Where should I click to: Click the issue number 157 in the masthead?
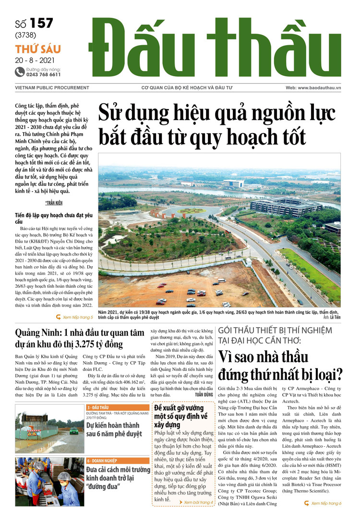(41, 23)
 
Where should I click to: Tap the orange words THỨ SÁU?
(37, 49)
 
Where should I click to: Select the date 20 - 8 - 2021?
(35, 61)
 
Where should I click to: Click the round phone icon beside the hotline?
(20, 72)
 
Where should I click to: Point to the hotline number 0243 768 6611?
(43, 75)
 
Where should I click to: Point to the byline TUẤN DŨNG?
(204, 393)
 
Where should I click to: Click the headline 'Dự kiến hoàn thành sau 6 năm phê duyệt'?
(114, 430)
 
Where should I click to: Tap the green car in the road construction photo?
(74, 430)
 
